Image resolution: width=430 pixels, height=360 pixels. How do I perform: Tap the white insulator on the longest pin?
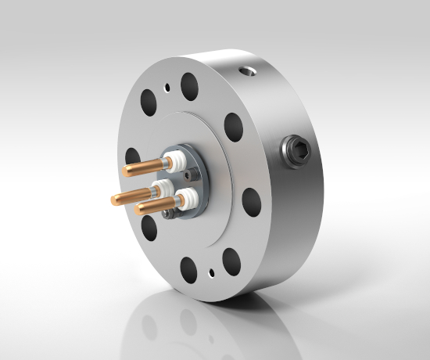coord(163,189)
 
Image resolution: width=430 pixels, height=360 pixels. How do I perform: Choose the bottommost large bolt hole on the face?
coord(188,270)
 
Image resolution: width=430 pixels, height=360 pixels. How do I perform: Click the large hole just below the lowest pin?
coord(148,227)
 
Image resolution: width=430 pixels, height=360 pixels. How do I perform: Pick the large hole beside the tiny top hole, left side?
coord(149,100)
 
